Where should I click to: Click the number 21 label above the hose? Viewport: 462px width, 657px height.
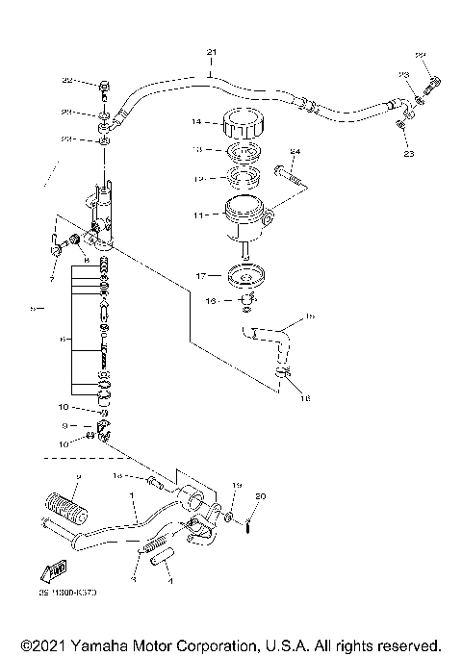tap(212, 51)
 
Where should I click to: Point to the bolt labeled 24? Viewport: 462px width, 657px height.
tap(288, 176)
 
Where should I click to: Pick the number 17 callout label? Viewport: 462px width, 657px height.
tap(202, 276)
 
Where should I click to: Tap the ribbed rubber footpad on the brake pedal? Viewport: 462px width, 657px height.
tap(57, 504)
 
